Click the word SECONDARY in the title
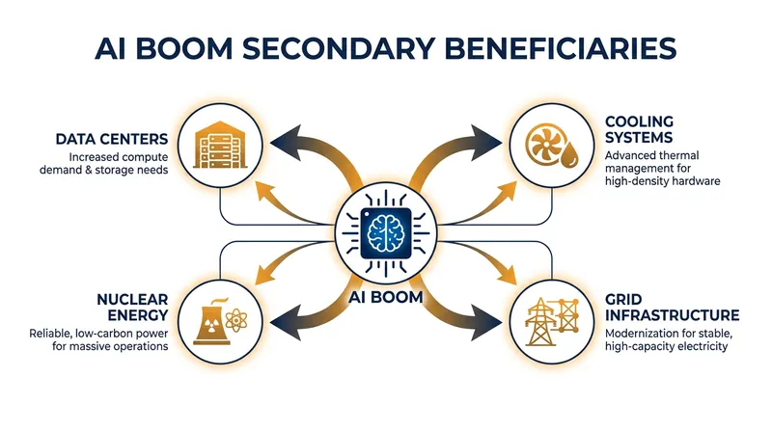click(339, 48)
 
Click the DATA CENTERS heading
click(112, 139)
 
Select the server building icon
click(220, 145)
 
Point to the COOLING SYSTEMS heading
click(639, 129)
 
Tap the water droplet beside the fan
click(570, 155)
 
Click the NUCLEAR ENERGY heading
click(132, 307)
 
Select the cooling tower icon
click(211, 321)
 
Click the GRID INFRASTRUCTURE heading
click(672, 307)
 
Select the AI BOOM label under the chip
click(386, 297)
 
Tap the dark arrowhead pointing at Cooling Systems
click(486, 143)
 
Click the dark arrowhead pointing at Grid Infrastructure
click(486, 322)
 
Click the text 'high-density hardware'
click(662, 181)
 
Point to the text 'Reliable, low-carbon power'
click(98, 334)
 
